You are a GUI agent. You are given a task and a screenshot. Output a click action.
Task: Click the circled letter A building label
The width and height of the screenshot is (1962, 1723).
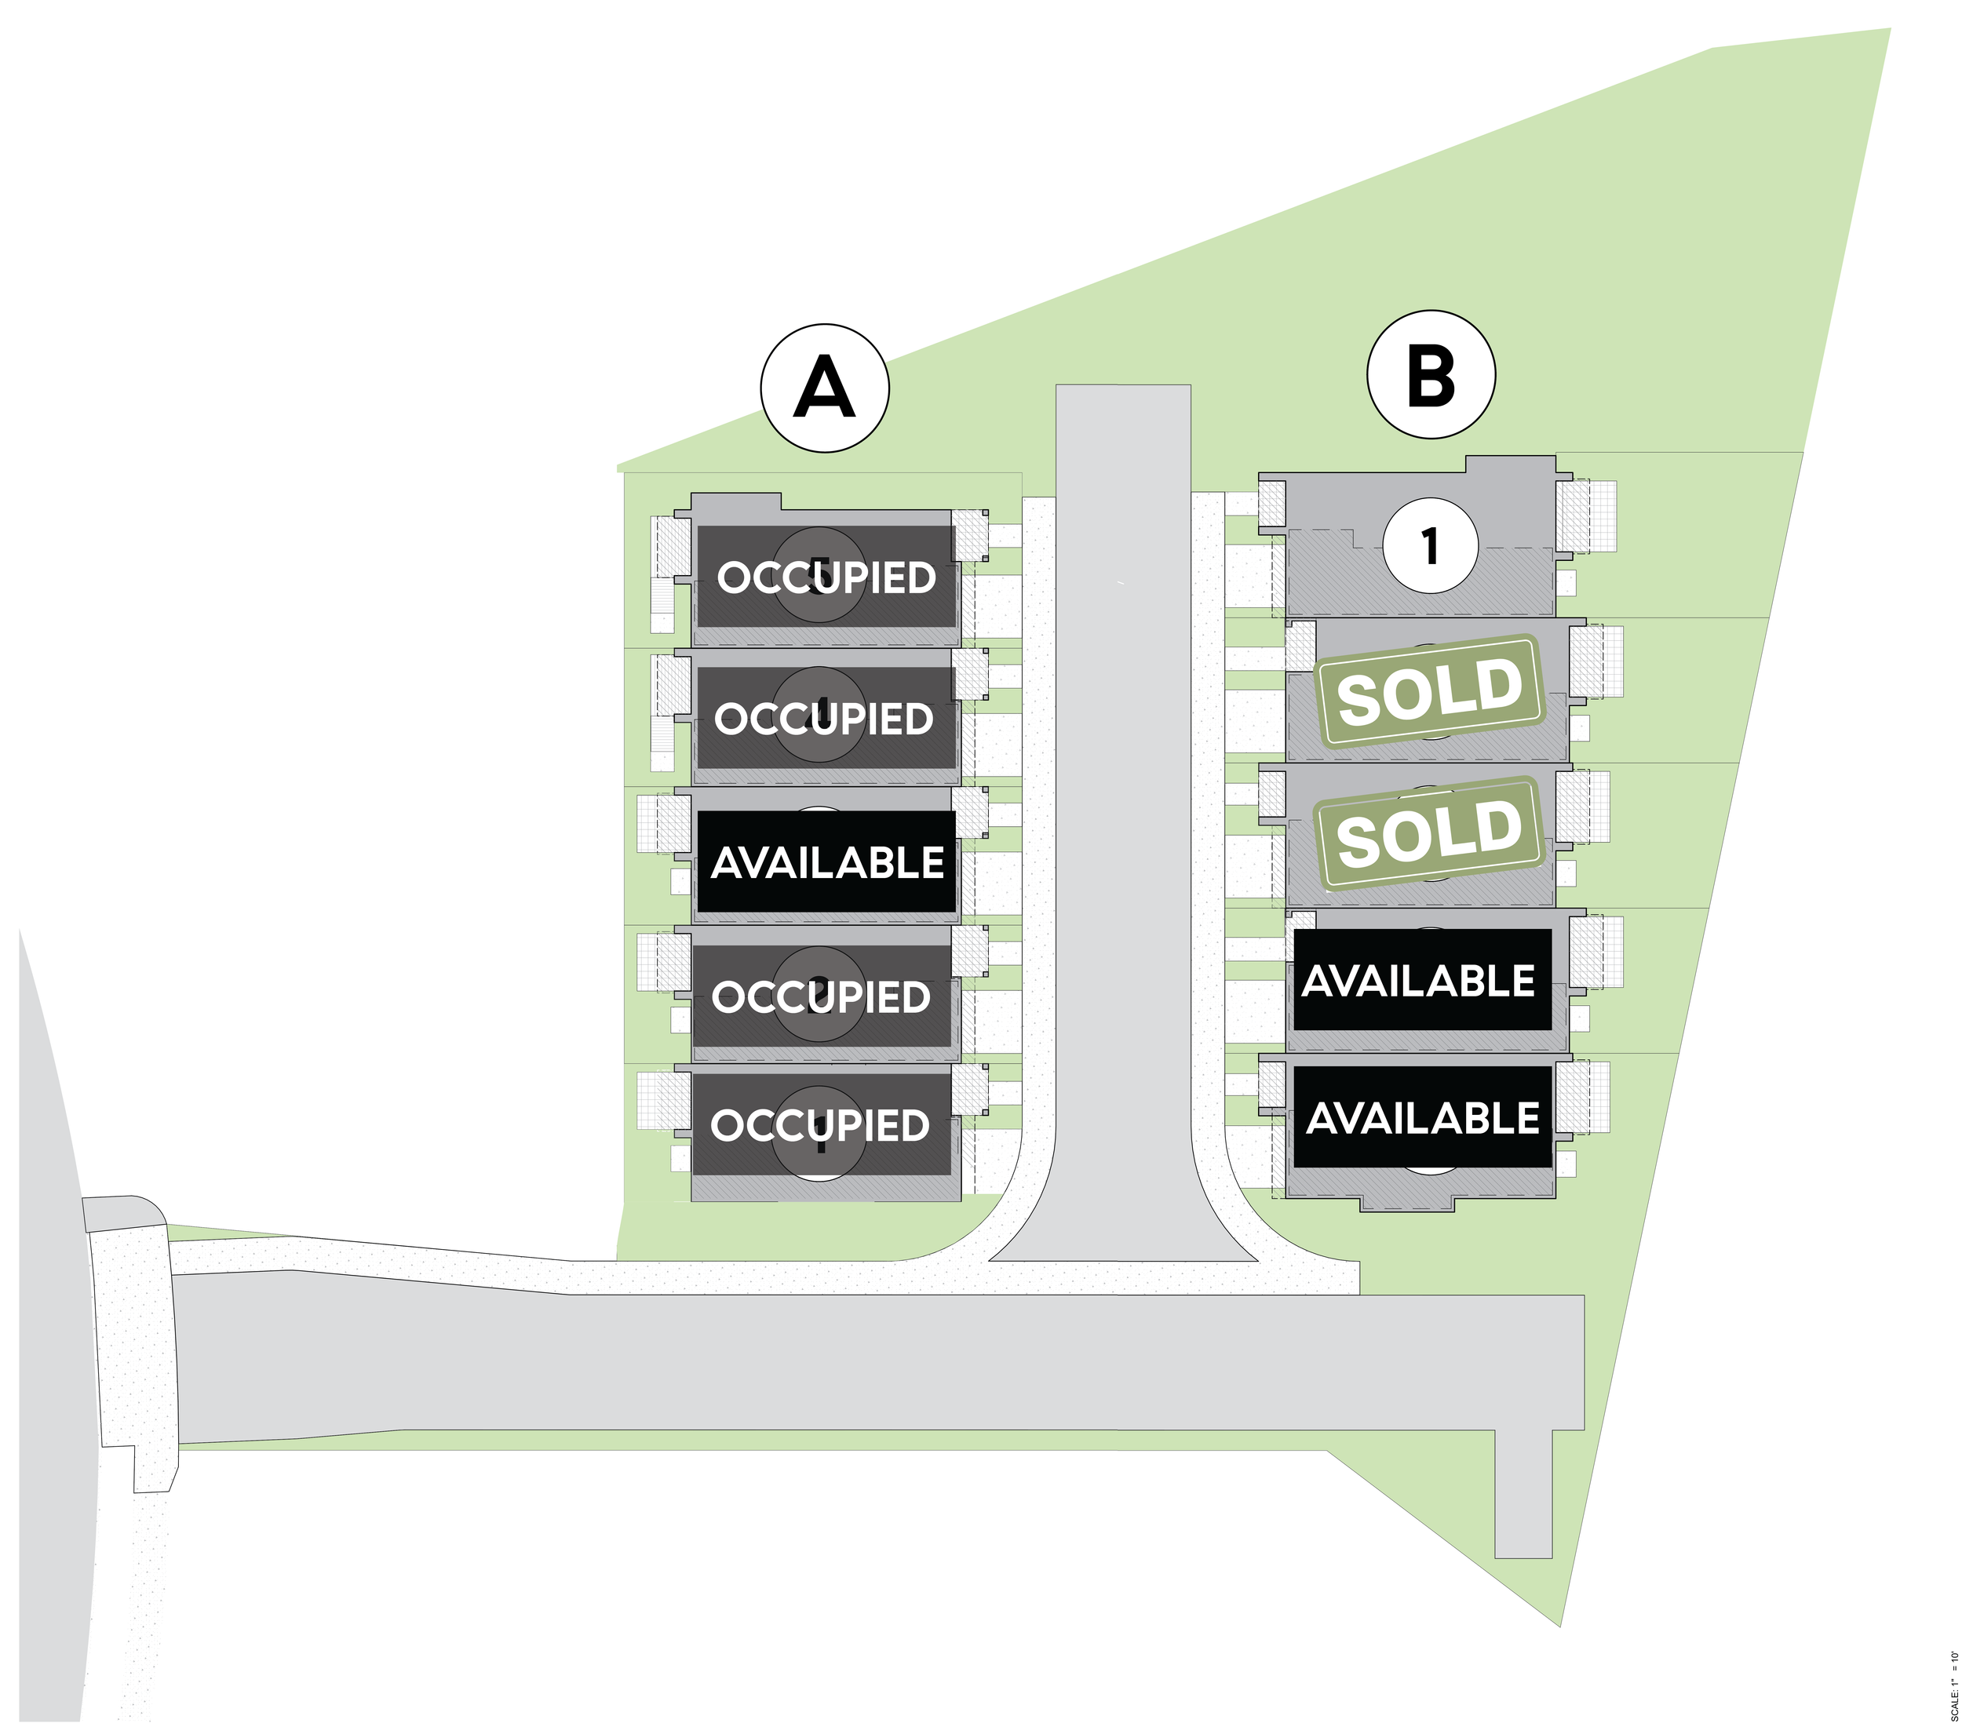[825, 388]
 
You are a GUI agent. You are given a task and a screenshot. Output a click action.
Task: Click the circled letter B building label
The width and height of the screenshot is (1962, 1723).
[1430, 374]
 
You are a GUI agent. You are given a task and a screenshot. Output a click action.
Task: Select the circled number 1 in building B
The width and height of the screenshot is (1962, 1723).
[1430, 546]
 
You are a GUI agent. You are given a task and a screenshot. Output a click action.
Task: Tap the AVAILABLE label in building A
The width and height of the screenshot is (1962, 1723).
[826, 862]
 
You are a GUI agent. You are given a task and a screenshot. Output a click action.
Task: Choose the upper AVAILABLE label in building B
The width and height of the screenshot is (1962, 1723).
[1420, 980]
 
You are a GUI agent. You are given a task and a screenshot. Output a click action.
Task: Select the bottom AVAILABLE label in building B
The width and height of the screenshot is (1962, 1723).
[1423, 1117]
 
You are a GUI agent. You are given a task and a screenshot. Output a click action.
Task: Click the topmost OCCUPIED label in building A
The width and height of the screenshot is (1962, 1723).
[826, 577]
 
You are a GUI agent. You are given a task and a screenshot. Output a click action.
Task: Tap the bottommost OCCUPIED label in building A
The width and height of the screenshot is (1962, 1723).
[821, 1125]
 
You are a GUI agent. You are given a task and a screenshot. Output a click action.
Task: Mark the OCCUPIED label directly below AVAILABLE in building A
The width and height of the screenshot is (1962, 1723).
[822, 996]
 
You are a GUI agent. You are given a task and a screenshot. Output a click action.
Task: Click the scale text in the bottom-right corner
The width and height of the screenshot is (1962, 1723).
[1953, 1685]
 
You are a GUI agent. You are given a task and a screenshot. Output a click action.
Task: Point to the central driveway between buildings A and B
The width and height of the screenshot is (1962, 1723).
[1123, 816]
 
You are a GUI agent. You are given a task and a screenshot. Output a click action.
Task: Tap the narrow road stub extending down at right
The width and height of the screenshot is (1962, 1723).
[1523, 1498]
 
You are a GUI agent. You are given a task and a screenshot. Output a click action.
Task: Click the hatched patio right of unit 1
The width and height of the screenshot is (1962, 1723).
[1586, 515]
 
